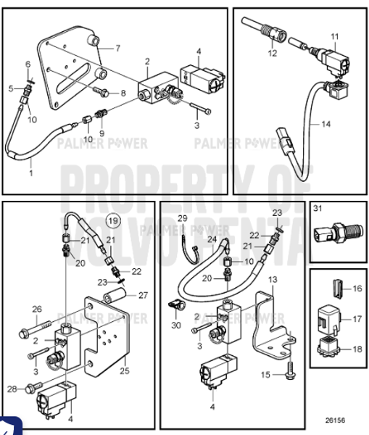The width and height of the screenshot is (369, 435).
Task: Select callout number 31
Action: tap(316, 210)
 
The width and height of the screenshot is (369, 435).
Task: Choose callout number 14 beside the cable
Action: tap(326, 124)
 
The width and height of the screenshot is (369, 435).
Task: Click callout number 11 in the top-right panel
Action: tap(334, 36)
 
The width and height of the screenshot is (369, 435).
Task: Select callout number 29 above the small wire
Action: tap(183, 218)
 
